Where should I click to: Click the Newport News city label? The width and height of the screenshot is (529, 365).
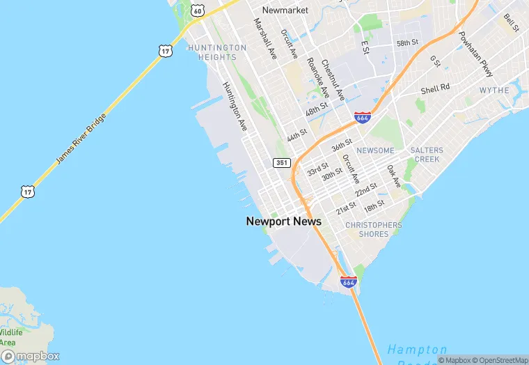283,222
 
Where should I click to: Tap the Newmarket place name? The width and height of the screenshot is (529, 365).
285,10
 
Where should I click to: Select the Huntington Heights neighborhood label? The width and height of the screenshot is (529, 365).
217,52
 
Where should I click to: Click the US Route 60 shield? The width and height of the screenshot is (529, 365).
198,10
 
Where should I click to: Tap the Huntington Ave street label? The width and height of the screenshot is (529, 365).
235,107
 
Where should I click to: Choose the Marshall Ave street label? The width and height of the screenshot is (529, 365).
265,38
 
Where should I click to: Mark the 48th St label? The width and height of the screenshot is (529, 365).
316,109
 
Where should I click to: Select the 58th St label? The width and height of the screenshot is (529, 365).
407,42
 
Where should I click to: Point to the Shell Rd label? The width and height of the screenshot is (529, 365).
436,88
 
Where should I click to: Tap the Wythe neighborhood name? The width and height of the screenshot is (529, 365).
494,91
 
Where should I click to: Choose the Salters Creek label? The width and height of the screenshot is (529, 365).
426,155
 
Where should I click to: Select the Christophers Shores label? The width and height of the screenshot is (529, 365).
374,230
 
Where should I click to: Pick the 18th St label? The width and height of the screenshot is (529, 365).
374,205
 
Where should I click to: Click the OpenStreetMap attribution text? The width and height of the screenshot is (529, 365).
498,360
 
